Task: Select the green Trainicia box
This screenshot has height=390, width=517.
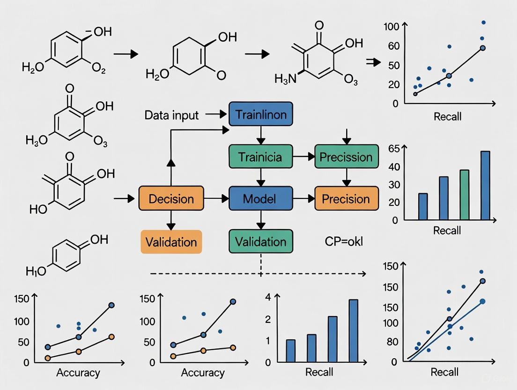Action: [x=261, y=157]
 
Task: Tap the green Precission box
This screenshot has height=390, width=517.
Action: [x=346, y=157]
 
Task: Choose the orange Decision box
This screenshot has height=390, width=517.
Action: [x=171, y=199]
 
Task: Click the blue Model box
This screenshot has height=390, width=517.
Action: [x=261, y=199]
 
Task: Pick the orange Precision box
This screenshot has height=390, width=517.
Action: [x=346, y=199]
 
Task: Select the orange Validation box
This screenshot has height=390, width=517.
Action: [x=171, y=242]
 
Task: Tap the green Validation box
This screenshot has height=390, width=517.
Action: [x=261, y=242]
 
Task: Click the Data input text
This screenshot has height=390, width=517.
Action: [x=171, y=115]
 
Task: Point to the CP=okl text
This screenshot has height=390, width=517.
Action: [x=344, y=242]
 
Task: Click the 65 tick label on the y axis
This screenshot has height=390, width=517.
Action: [x=394, y=149]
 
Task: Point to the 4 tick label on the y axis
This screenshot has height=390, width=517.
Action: [x=268, y=297]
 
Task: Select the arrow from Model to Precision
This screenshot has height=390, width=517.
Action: [x=304, y=199]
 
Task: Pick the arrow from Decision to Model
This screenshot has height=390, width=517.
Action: [x=216, y=199]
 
